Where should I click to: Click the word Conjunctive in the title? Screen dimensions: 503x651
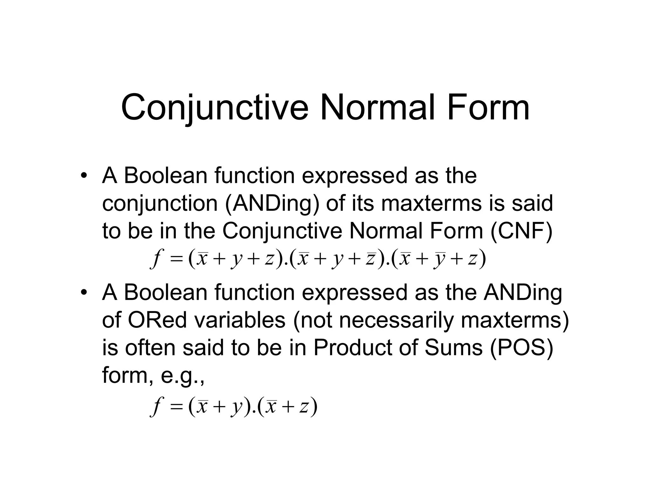coord(215,108)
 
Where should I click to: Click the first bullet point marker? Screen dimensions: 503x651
coord(84,176)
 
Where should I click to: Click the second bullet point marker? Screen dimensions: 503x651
coord(84,292)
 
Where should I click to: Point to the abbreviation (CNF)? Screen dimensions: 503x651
coord(521,231)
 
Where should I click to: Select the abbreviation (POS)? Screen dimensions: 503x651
coord(521,348)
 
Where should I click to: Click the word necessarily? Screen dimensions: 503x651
coord(396,320)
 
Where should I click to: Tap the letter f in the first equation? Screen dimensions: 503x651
coord(155,259)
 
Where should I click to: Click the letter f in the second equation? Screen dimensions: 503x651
coord(155,407)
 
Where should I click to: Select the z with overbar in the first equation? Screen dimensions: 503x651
coord(370,258)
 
